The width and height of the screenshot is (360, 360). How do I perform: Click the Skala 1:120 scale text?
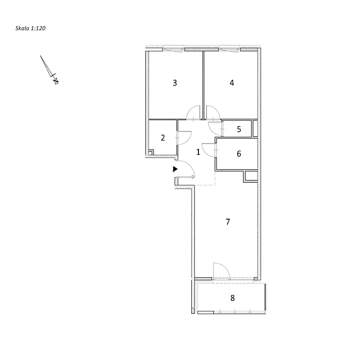pyautogui.click(x=30, y=28)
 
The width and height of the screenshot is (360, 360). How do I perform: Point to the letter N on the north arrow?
pyautogui.click(x=56, y=81)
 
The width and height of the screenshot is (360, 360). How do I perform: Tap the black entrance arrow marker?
pyautogui.click(x=175, y=169)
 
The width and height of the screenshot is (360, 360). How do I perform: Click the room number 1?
pyautogui.click(x=198, y=152)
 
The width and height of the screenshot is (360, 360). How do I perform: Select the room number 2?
pyautogui.click(x=163, y=138)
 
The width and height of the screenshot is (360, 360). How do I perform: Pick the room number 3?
pyautogui.click(x=175, y=83)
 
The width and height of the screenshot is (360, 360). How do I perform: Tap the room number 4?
pyautogui.click(x=232, y=83)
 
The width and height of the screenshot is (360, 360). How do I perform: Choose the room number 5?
pyautogui.click(x=239, y=129)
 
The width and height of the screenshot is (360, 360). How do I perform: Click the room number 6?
pyautogui.click(x=239, y=153)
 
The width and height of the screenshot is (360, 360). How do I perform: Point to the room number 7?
pyautogui.click(x=228, y=222)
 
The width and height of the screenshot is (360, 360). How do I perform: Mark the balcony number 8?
pyautogui.click(x=233, y=298)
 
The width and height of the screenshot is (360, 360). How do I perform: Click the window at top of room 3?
pyautogui.click(x=174, y=49)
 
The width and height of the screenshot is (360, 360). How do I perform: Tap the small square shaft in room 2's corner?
pyautogui.click(x=151, y=153)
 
